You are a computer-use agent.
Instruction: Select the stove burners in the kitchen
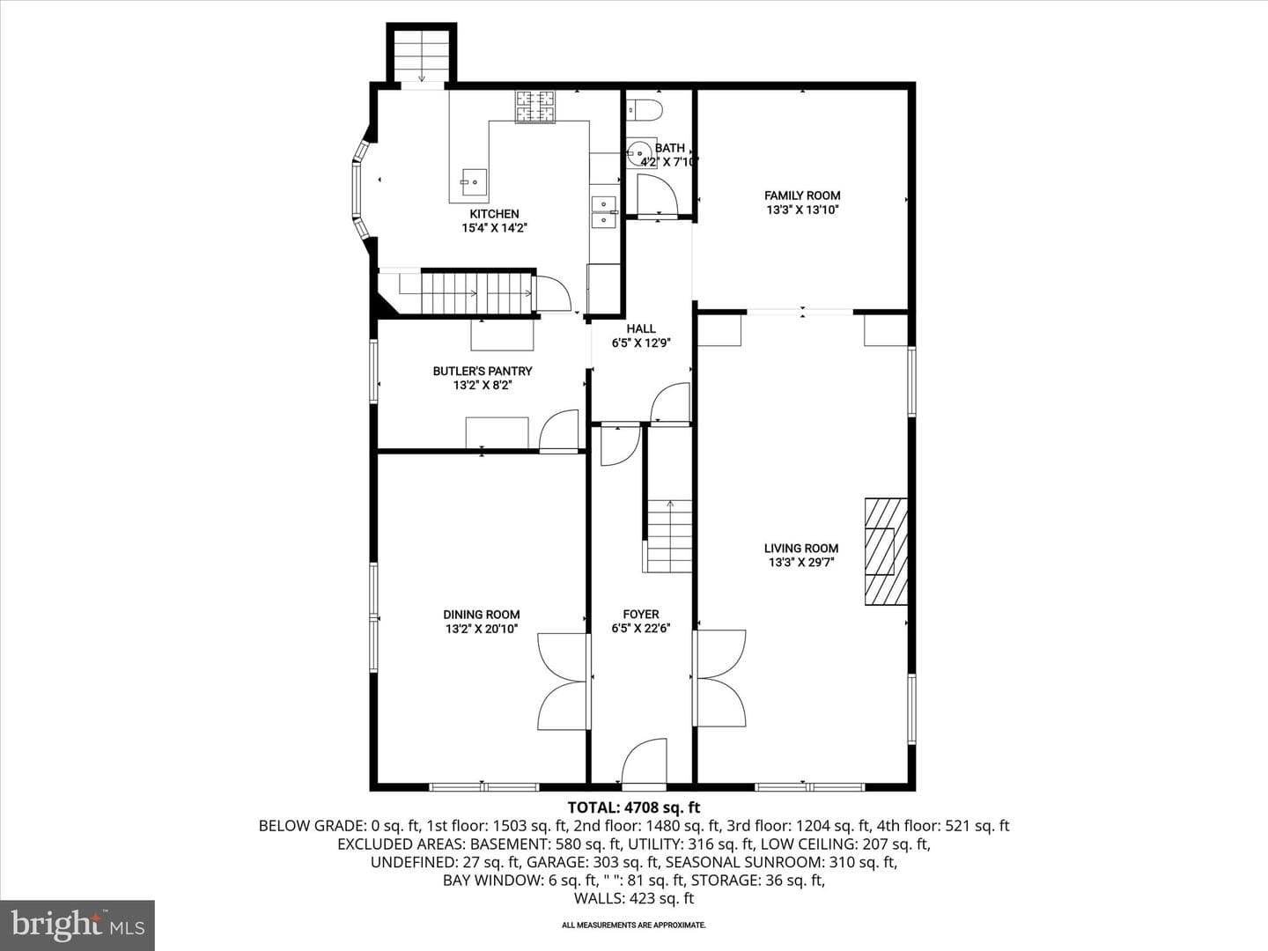534,107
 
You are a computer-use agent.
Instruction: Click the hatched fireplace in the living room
886,551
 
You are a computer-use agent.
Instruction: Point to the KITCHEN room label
494,214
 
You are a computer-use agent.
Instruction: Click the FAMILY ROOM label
802,195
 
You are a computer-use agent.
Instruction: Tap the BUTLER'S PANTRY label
483,371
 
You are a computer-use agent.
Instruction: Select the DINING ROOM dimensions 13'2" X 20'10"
482,629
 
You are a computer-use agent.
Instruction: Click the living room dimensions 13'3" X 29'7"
801,563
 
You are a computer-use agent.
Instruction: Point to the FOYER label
641,615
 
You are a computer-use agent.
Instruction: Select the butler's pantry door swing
558,431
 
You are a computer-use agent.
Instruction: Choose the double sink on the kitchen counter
604,212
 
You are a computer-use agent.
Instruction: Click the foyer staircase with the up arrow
669,536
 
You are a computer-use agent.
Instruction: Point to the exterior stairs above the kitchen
422,56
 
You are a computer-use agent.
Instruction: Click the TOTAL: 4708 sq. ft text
634,807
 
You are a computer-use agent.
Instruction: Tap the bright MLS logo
77,925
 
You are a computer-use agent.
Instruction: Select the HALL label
641,328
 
